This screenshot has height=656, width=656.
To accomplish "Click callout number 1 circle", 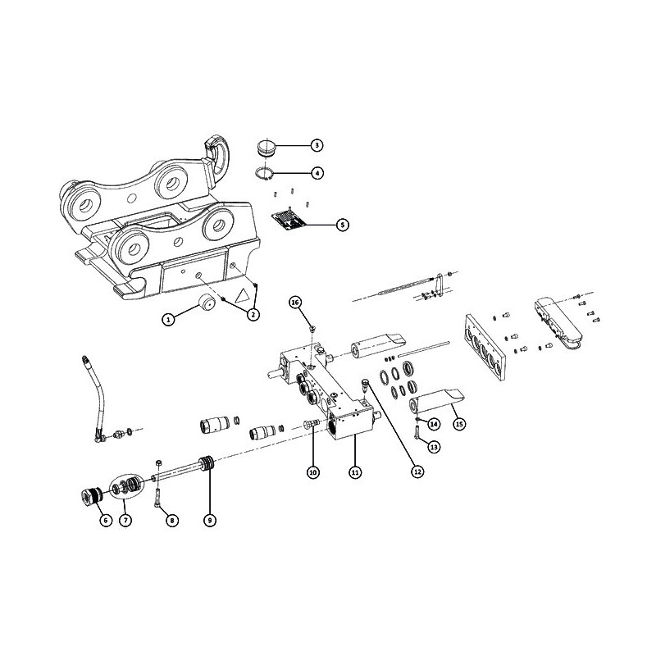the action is pyautogui.click(x=168, y=320).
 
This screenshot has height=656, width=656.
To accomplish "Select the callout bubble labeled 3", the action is pyautogui.click(x=317, y=145).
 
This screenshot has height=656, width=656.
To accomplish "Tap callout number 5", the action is pyautogui.click(x=343, y=225).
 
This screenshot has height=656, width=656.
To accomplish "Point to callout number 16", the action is pyautogui.click(x=296, y=302).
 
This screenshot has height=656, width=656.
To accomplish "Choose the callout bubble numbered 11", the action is pyautogui.click(x=355, y=472).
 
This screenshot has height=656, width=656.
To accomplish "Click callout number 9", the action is pyautogui.click(x=210, y=520).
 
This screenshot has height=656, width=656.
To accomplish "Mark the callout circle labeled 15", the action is pyautogui.click(x=459, y=424).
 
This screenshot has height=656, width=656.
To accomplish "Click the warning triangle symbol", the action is pyautogui.click(x=243, y=297).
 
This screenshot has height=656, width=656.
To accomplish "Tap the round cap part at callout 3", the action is pyautogui.click(x=265, y=148).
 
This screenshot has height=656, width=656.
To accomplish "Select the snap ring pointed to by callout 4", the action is pyautogui.click(x=264, y=173).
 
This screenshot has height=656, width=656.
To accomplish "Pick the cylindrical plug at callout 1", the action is pyautogui.click(x=207, y=301).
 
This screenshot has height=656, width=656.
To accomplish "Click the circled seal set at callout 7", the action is pyautogui.click(x=125, y=486).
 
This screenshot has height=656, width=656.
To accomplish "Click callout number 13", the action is pyautogui.click(x=434, y=447).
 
